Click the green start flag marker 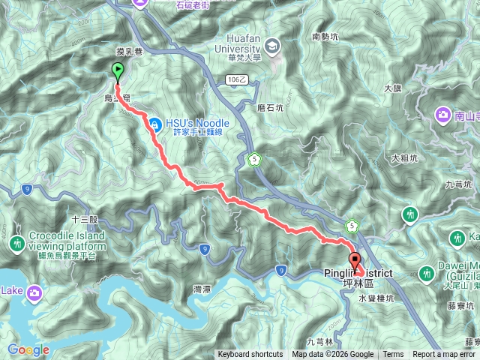tap(118, 72)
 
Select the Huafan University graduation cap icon tap(271, 46)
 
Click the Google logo tap(28, 350)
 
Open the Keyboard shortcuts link tap(250, 355)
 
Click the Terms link tap(393, 355)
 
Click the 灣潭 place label tap(201, 289)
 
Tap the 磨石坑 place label tap(269, 108)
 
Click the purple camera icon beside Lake tap(34, 291)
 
